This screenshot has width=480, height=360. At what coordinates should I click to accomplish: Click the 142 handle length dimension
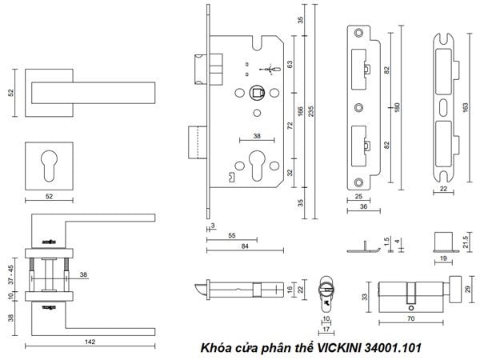(x=90, y=342)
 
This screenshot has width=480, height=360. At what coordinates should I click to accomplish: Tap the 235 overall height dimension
(x=310, y=111)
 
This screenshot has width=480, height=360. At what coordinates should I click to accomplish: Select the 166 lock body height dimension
(x=300, y=111)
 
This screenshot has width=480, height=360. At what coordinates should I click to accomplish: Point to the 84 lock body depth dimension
(x=245, y=246)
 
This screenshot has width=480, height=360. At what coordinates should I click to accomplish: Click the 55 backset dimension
(x=232, y=235)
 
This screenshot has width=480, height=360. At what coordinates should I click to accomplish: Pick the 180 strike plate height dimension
(x=397, y=107)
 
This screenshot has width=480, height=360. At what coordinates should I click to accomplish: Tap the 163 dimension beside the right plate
(x=466, y=107)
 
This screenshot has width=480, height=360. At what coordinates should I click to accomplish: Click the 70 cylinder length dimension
(x=411, y=318)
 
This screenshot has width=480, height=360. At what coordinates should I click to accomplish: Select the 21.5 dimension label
(x=466, y=242)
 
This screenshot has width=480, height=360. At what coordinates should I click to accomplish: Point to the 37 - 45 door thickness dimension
(x=10, y=274)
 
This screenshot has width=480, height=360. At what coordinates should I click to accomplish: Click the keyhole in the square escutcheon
(x=49, y=166)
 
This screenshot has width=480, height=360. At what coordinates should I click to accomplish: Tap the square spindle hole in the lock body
(x=257, y=92)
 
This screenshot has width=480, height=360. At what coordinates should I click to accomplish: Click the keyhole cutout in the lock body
(x=257, y=166)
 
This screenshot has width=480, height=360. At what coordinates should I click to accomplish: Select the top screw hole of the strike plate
(x=358, y=33)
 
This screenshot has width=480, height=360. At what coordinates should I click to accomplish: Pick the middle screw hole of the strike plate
(x=358, y=107)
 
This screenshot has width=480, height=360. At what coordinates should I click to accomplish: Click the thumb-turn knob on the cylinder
(x=455, y=289)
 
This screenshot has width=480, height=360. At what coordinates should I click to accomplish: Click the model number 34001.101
(x=394, y=348)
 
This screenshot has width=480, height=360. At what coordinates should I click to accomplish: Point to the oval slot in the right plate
(x=443, y=107)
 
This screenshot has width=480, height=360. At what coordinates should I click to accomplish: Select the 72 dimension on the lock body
(x=290, y=126)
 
